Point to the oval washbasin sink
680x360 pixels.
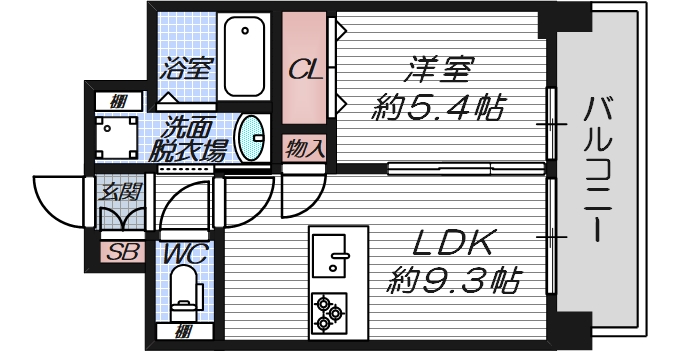click(252, 137)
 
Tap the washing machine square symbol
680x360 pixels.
click(118, 136)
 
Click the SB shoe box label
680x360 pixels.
click(121, 252)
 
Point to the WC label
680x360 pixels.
click(187, 253)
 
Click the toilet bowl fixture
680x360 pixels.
click(187, 294)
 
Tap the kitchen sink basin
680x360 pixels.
click(330, 256)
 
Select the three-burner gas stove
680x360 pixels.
click(328, 312)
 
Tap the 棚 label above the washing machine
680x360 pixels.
click(119, 99)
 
